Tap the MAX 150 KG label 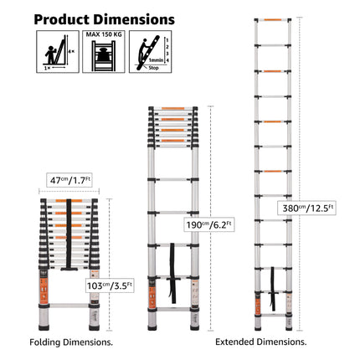pos(105,36)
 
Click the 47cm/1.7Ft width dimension pos(69,180)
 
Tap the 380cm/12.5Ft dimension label pos(308,208)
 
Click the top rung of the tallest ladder pos(272,21)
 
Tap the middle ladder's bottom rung pos(172,311)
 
